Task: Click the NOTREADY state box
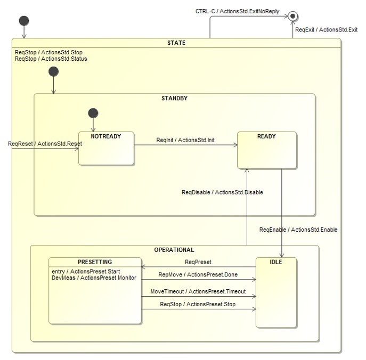106,149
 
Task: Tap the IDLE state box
276,292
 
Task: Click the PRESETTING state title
95,262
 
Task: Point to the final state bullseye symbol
291,17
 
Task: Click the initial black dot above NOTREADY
93,113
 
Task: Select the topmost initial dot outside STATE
23,21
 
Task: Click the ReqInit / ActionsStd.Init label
185,140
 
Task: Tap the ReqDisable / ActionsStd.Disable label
222,192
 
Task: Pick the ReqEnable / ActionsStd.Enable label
298,230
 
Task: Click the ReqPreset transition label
198,262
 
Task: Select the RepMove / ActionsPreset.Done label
198,275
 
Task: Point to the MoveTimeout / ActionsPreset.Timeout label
198,292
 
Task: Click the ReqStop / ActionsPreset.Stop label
198,305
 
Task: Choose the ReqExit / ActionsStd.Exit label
327,30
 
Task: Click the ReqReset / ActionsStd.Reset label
45,144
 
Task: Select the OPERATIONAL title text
174,250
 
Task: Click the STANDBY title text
174,99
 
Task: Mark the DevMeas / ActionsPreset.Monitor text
94,278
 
